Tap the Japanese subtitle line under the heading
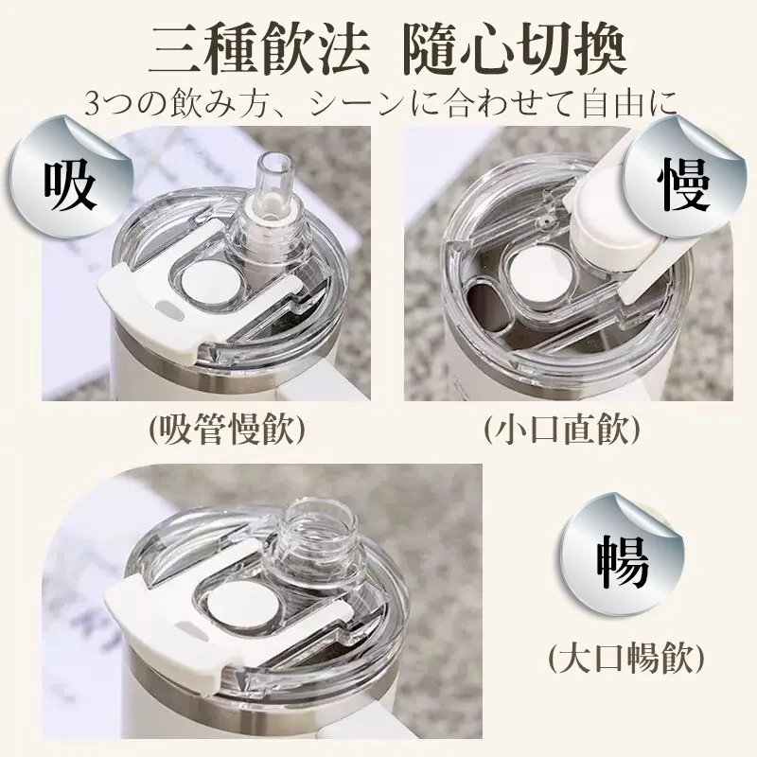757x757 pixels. click(381, 103)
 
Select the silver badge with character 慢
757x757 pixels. click(682, 177)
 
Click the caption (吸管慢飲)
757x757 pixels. click(227, 430)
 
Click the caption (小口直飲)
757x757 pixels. click(561, 430)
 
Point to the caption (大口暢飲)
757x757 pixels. click(626, 657)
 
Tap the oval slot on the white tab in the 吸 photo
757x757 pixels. click(169, 309)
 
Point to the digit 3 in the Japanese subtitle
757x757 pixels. click(93, 104)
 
